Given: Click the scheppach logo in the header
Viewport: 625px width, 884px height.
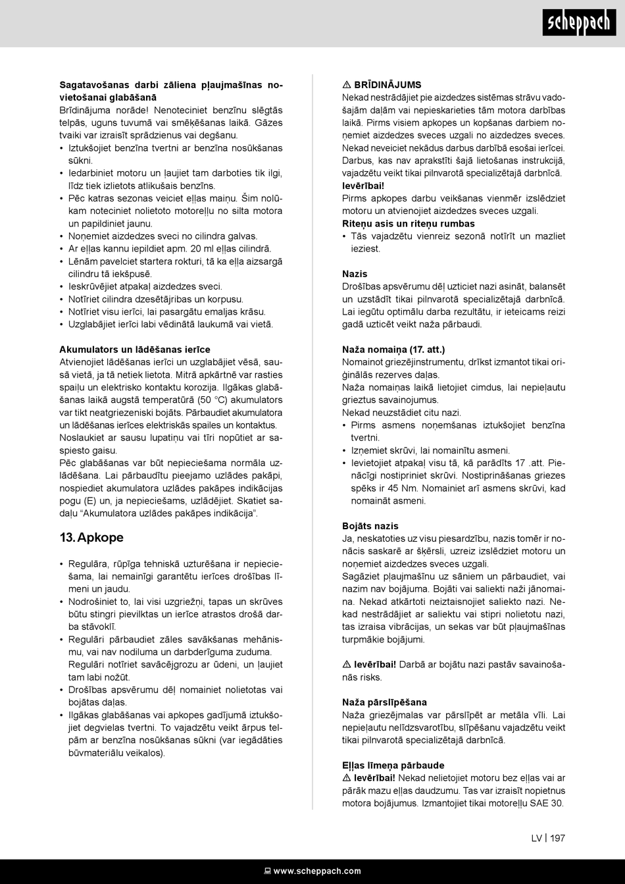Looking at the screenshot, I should (x=580, y=24).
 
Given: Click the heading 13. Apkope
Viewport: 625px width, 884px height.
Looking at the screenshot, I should (x=91, y=537).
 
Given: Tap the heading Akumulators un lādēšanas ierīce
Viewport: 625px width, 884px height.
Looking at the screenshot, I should (x=135, y=349).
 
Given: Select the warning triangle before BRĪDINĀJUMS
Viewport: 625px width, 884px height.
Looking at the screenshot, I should (x=347, y=85).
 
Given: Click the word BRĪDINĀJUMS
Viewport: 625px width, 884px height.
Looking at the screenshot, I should (x=387, y=85).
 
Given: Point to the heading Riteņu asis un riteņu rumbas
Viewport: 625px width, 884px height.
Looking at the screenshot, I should (x=408, y=223).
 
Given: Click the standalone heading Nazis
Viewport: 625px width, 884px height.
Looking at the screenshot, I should (x=355, y=273).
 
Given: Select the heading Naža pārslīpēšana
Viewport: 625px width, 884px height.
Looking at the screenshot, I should (x=384, y=702).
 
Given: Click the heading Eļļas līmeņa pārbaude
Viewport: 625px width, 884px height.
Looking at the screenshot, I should (x=393, y=765).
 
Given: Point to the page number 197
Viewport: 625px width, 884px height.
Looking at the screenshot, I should (x=557, y=838).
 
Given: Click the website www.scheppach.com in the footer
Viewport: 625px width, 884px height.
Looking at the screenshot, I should (x=317, y=871).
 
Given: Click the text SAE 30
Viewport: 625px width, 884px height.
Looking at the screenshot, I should (x=547, y=803).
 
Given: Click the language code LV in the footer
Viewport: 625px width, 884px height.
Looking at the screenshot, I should (x=537, y=838).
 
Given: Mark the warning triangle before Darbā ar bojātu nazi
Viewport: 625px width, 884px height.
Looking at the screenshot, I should (x=347, y=665).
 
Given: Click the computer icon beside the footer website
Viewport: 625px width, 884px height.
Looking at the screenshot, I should (x=267, y=871).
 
